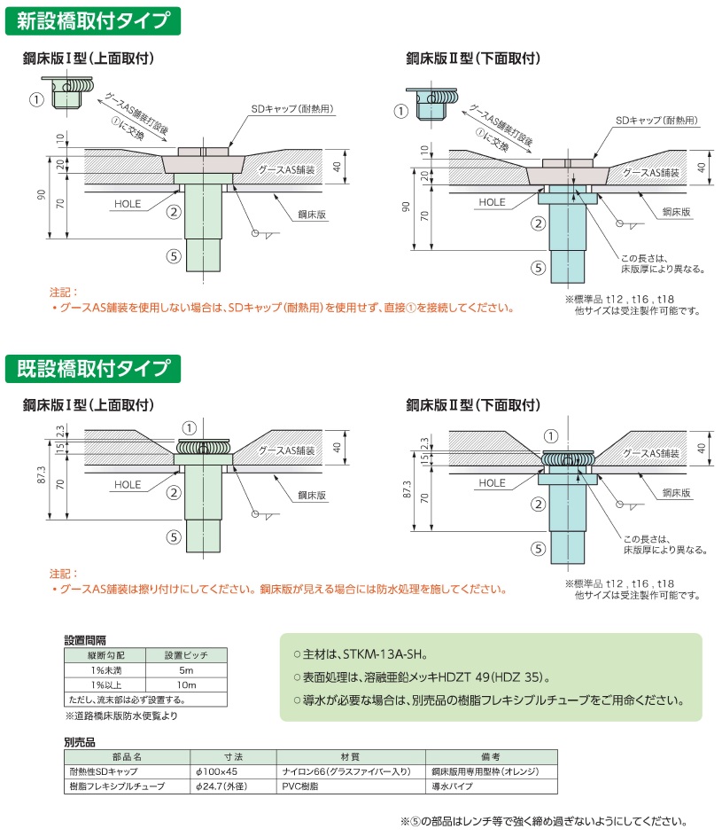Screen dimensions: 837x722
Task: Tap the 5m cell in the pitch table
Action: [x=185, y=670]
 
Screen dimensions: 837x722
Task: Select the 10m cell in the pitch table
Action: [x=185, y=685]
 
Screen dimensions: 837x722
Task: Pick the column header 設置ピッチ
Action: [x=185, y=655]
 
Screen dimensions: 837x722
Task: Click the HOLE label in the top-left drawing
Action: [x=127, y=204]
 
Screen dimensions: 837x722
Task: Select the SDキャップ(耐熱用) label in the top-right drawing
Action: [x=656, y=120]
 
